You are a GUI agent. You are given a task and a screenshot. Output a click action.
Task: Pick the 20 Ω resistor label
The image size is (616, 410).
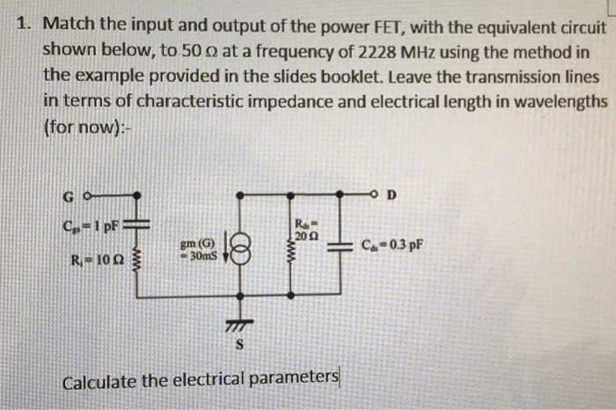304,233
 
